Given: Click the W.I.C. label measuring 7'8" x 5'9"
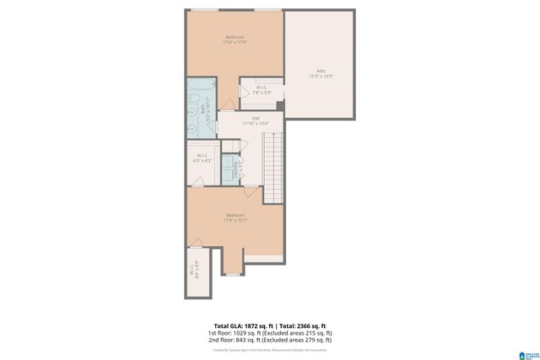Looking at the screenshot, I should pos(262,90).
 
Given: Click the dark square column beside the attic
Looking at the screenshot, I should pos(280,105).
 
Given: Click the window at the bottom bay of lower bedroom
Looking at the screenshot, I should pos(234,274).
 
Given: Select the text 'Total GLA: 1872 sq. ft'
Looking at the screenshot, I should pos(240,325).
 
